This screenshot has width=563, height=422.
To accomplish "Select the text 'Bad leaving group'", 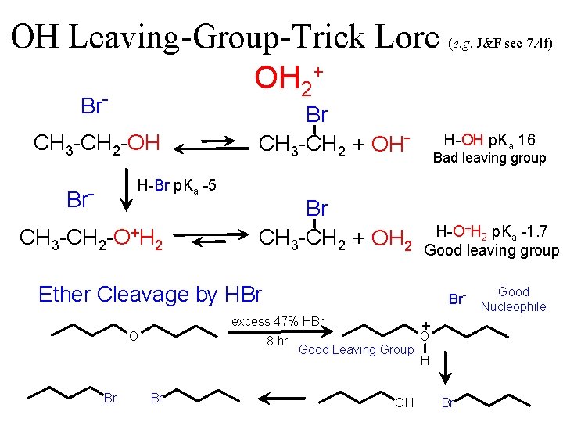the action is [489, 158].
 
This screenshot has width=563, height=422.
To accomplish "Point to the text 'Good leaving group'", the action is [491, 250].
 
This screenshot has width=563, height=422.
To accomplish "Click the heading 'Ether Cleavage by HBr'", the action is [150, 294].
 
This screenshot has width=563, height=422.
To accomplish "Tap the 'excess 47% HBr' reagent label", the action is [278, 322].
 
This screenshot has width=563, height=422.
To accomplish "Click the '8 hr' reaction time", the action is [277, 342].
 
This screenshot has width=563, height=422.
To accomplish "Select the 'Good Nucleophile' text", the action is [513, 299].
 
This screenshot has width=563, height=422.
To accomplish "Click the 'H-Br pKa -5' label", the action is [177, 186].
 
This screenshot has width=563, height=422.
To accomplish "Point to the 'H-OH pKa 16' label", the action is [489, 140].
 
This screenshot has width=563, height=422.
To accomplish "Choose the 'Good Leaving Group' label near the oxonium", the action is [356, 349].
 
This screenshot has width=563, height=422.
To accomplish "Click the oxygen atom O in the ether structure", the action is [134, 337].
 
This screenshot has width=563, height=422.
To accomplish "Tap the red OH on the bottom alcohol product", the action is [404, 402].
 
